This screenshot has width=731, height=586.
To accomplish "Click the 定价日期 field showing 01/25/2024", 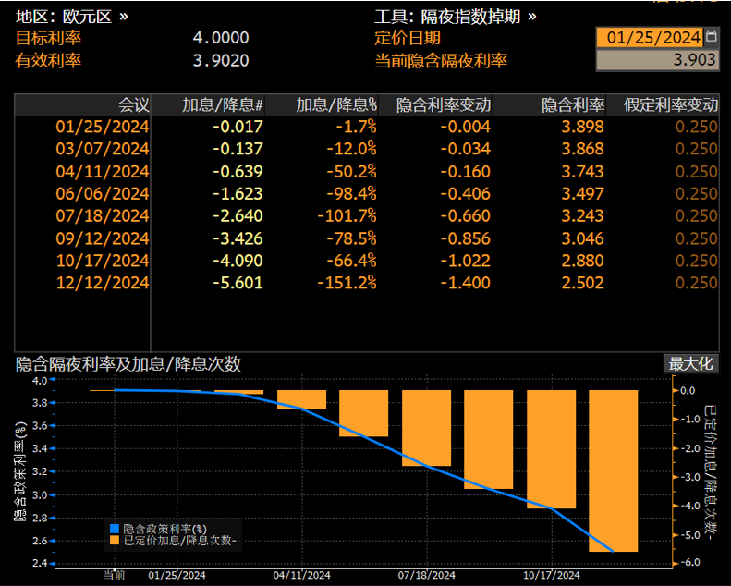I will click(649, 38).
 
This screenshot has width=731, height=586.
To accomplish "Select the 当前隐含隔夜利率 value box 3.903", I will click(656, 61).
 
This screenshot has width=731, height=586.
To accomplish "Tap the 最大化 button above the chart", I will click(691, 363).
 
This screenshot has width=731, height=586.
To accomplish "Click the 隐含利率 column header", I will click(573, 104).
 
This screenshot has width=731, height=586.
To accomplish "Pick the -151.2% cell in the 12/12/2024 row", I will click(347, 283).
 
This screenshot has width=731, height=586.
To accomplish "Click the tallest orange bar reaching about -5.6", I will click(613, 470).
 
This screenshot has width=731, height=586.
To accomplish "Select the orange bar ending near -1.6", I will click(363, 413).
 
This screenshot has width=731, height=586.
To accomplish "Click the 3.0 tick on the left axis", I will click(39, 494).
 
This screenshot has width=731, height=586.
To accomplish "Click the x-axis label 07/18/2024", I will click(426, 575).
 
